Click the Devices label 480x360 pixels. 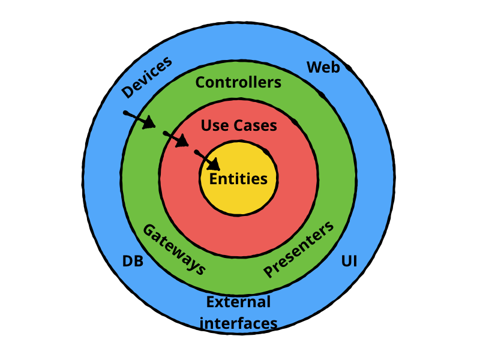147,76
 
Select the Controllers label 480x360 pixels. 238,82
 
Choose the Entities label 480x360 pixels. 238,178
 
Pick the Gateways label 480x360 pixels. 174,249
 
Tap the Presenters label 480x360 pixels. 298,250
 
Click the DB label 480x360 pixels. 133,262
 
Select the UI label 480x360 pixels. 349,262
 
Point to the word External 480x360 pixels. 238,302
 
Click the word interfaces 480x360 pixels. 238,323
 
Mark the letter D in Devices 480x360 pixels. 127,91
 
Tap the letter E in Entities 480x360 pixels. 214,178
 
